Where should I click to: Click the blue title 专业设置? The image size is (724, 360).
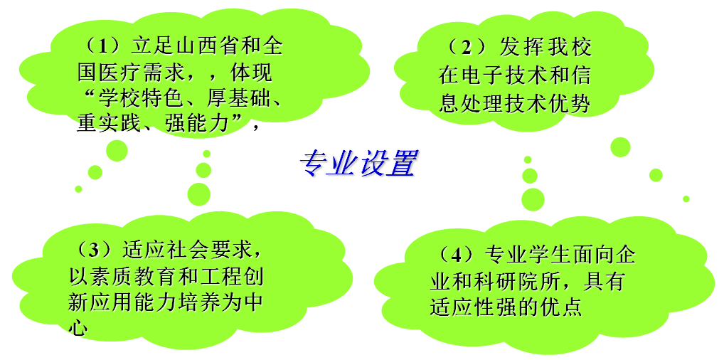click(358, 164)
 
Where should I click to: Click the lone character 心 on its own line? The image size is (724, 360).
click(78, 328)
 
